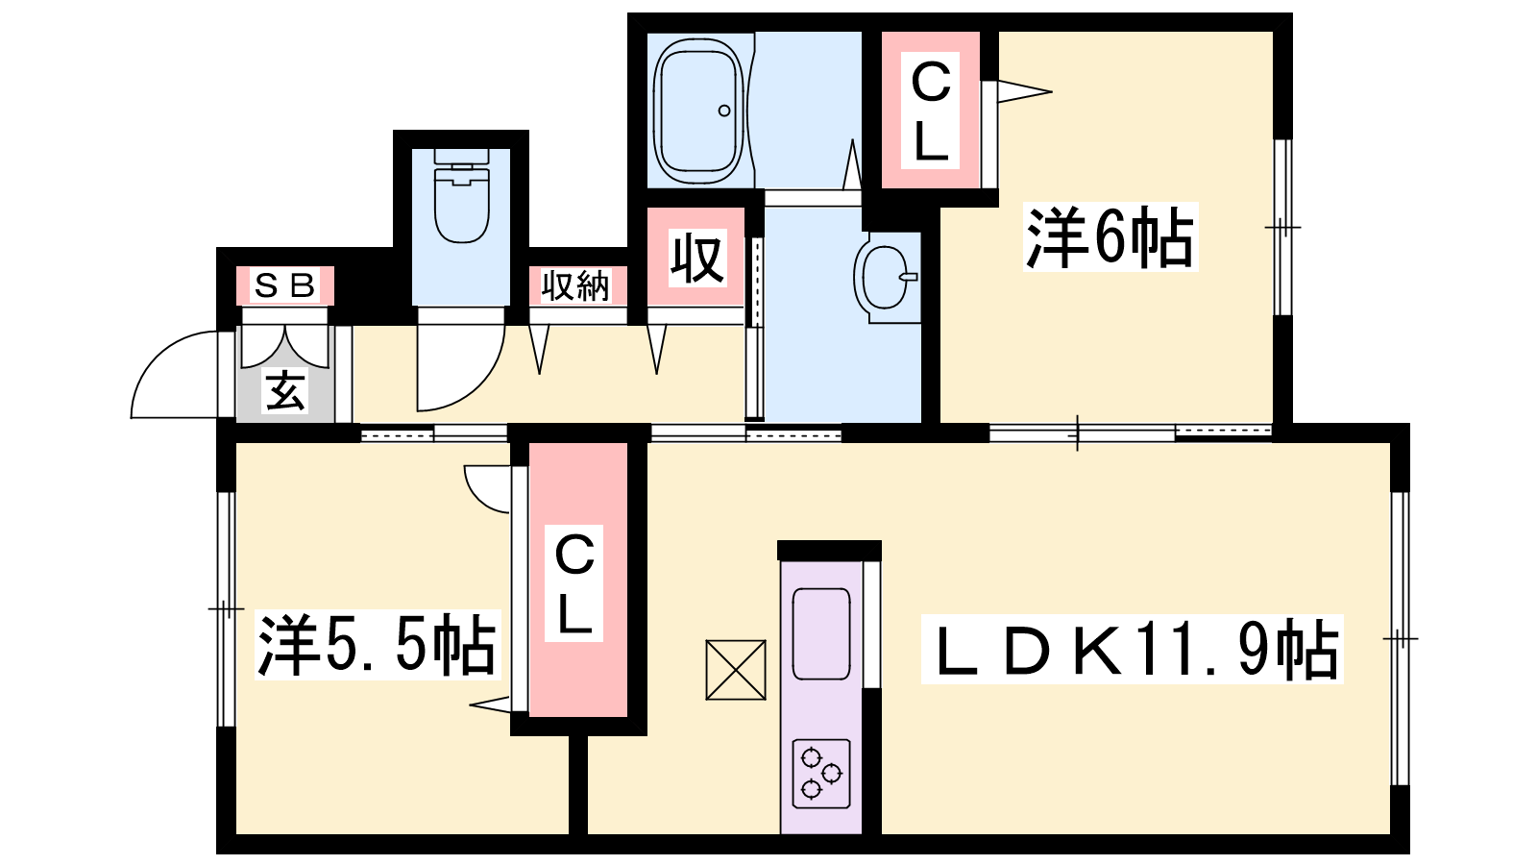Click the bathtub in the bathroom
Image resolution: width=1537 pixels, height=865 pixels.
click(x=698, y=111)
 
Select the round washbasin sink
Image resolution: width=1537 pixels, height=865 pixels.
click(x=887, y=278)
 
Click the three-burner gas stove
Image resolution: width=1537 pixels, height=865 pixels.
click(x=821, y=774)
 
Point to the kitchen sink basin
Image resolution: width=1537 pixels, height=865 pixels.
click(x=821, y=633)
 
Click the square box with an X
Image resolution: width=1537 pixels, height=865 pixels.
click(x=736, y=670)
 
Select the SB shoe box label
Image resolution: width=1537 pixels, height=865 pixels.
click(x=284, y=285)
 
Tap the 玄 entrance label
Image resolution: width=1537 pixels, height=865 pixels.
click(x=285, y=391)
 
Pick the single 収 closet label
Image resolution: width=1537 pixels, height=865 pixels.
click(x=697, y=259)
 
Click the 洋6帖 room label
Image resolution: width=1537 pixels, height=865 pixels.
click(x=1110, y=236)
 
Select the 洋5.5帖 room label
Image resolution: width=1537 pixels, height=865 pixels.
click(x=377, y=645)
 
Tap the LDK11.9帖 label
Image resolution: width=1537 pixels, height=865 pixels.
click(x=1133, y=649)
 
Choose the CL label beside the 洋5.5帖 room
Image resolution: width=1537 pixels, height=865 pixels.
click(x=574, y=583)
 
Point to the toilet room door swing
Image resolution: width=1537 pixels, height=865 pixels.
click(x=461, y=368)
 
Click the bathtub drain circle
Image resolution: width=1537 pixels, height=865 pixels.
click(x=724, y=111)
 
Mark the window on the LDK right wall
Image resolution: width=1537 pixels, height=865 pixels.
click(x=1401, y=638)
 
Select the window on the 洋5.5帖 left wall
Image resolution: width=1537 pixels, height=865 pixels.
click(x=226, y=608)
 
